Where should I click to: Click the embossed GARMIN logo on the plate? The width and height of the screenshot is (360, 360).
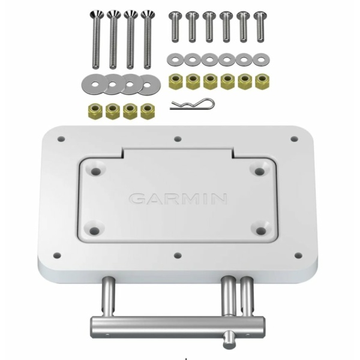(178, 199)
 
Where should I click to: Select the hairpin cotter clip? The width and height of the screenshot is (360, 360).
(193, 104)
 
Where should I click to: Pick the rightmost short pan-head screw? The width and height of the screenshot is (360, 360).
(260, 27)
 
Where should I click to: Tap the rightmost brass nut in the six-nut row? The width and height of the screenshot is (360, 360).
(262, 81)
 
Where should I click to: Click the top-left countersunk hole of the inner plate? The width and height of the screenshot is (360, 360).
(96, 172)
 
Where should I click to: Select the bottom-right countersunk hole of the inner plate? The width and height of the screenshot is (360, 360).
(261, 231)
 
